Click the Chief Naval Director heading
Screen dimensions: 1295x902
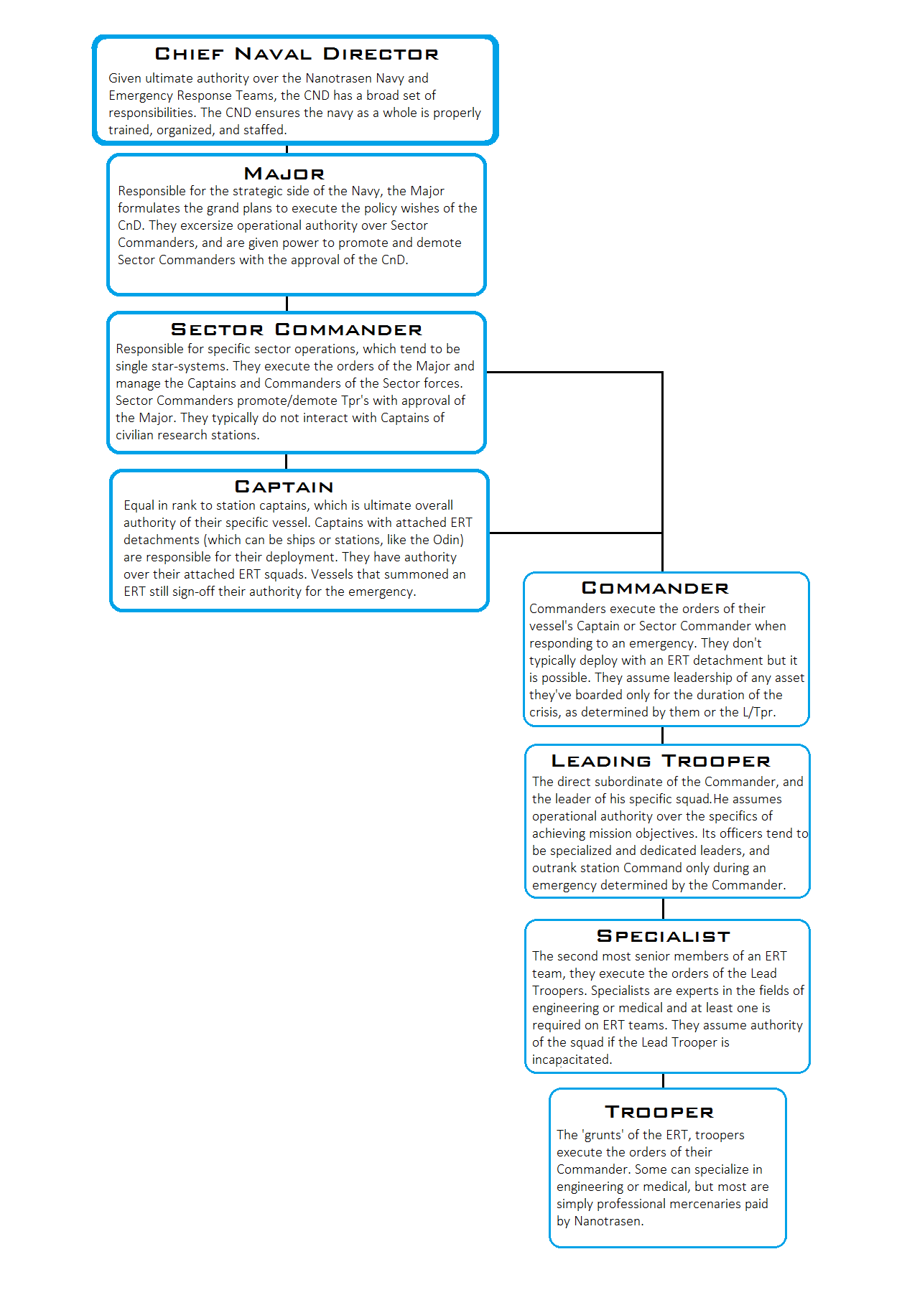tap(297, 55)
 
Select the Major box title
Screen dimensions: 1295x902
tap(284, 174)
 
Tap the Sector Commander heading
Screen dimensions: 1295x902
tap(297, 330)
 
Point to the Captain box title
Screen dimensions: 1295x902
tap(284, 487)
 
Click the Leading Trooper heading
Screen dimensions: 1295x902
tap(661, 761)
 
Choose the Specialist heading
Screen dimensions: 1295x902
tap(664, 936)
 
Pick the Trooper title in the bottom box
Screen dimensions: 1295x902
tap(659, 1112)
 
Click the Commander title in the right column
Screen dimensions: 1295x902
tap(655, 589)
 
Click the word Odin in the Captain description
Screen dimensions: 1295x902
tap(446, 540)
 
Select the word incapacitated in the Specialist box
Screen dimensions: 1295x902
tap(572, 1060)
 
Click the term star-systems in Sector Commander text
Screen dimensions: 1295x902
tap(190, 366)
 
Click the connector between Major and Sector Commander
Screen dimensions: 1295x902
tap(287, 304)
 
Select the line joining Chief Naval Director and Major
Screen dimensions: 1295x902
tap(287, 149)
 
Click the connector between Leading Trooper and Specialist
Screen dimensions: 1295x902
tap(663, 909)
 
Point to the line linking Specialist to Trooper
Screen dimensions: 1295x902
tap(663, 1081)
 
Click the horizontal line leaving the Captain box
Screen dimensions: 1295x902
tap(575, 533)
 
